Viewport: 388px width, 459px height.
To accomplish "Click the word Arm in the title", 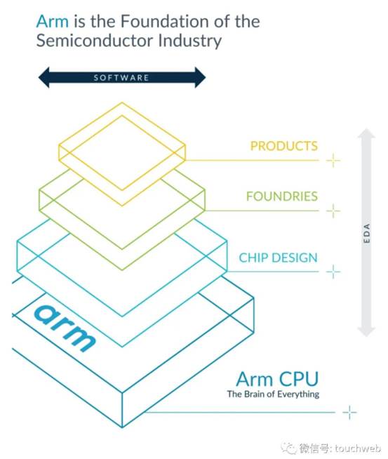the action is click(53, 21).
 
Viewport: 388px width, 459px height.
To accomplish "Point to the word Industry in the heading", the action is click(189, 41).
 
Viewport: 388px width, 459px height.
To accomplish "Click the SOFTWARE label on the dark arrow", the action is click(121, 78).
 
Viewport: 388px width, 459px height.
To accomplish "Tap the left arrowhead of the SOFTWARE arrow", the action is click(44, 77).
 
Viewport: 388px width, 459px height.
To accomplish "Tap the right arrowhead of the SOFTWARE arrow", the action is click(201, 77).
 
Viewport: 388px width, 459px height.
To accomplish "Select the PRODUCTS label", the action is click(284, 146).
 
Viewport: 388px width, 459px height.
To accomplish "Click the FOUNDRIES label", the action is click(282, 196).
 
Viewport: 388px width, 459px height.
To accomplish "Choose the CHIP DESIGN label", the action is click(278, 258).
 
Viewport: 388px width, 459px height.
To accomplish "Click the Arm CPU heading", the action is click(277, 379).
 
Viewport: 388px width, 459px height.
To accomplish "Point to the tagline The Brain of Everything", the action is click(273, 394).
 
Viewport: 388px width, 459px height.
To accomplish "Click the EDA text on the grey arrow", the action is click(367, 233).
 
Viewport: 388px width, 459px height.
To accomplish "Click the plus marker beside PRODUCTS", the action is click(333, 160).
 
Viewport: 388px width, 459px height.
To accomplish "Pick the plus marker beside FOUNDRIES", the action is click(333, 211).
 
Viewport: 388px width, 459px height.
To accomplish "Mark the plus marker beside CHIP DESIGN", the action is click(333, 272).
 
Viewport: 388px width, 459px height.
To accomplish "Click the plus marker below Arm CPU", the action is click(349, 413).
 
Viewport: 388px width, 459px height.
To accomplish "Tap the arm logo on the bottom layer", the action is click(65, 328).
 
